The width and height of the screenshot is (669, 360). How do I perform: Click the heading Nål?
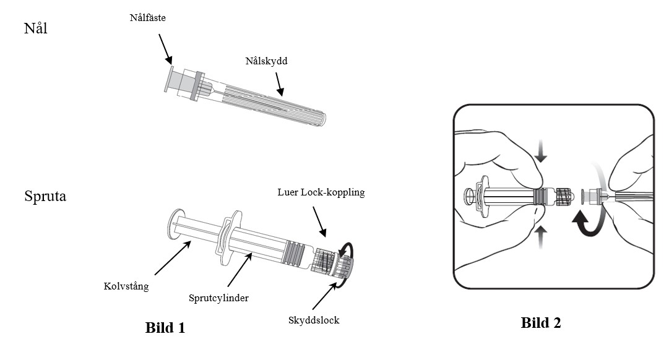(x=35, y=28)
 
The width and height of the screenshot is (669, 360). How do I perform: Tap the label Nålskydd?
(x=265, y=61)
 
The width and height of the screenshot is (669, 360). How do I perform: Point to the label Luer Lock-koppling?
(x=321, y=192)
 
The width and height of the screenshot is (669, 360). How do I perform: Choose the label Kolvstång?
(x=126, y=286)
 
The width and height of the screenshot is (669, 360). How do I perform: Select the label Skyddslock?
(x=314, y=320)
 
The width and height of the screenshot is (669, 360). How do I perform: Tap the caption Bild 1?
(x=165, y=327)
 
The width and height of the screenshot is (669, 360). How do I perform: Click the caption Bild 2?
(x=541, y=322)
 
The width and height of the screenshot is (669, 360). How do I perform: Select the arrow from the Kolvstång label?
(x=172, y=258)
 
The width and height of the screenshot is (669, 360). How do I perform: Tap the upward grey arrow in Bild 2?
(x=541, y=237)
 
